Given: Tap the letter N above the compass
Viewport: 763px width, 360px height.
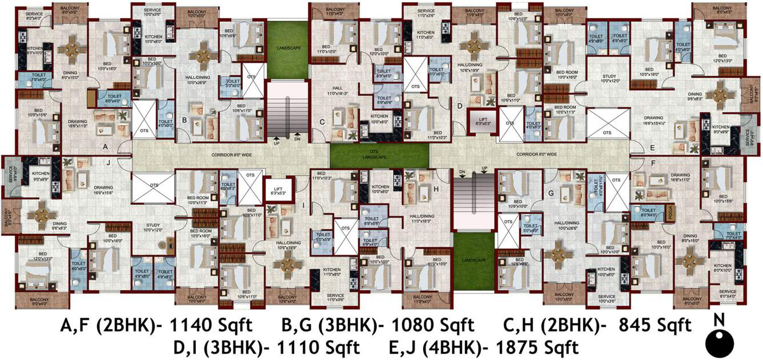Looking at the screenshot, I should coord(720,318).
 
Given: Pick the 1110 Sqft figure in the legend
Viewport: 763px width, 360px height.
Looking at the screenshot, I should coord(318,347).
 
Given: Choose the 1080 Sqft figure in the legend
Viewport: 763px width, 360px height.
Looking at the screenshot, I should coord(432,326).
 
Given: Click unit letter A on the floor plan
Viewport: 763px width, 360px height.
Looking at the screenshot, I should coord(105,146).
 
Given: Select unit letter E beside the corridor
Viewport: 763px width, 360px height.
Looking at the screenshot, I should coord(652,147).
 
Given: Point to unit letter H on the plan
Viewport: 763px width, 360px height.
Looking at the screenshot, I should coord(436,188).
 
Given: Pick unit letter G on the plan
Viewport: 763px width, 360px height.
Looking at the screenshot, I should coord(551,194).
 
